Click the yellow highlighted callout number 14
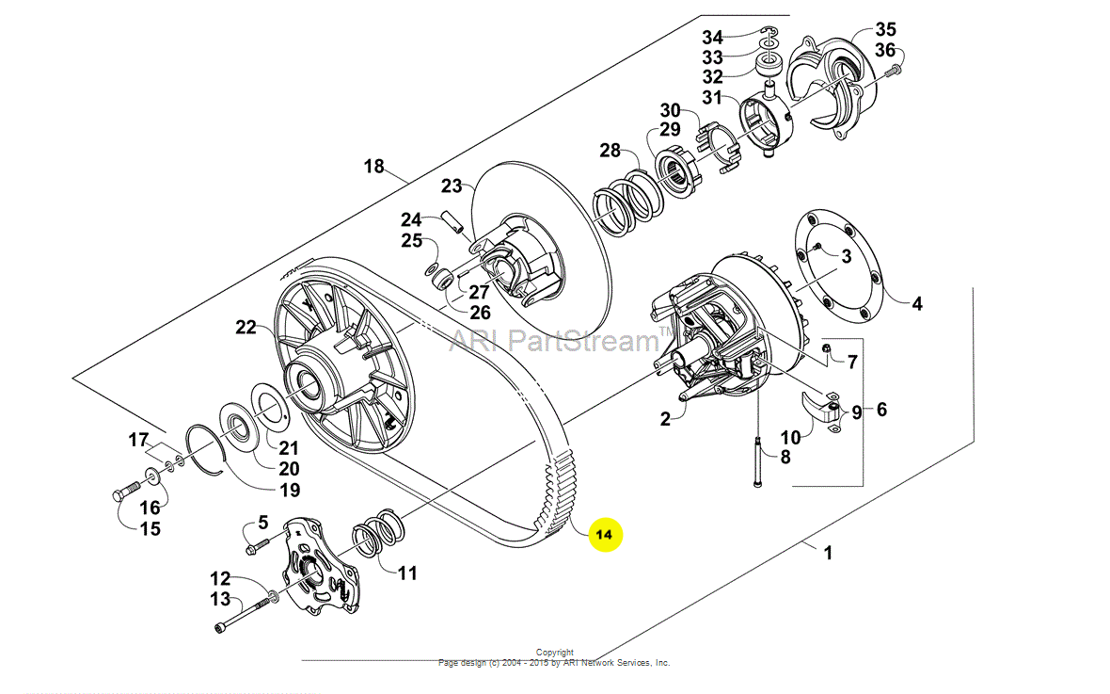(x=605, y=534)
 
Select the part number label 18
(x=374, y=167)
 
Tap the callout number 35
(x=886, y=29)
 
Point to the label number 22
(x=246, y=327)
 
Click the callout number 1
(x=828, y=554)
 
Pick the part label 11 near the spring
(x=406, y=573)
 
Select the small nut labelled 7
(x=825, y=353)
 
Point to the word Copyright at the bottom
(x=554, y=652)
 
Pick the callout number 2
(x=665, y=420)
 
